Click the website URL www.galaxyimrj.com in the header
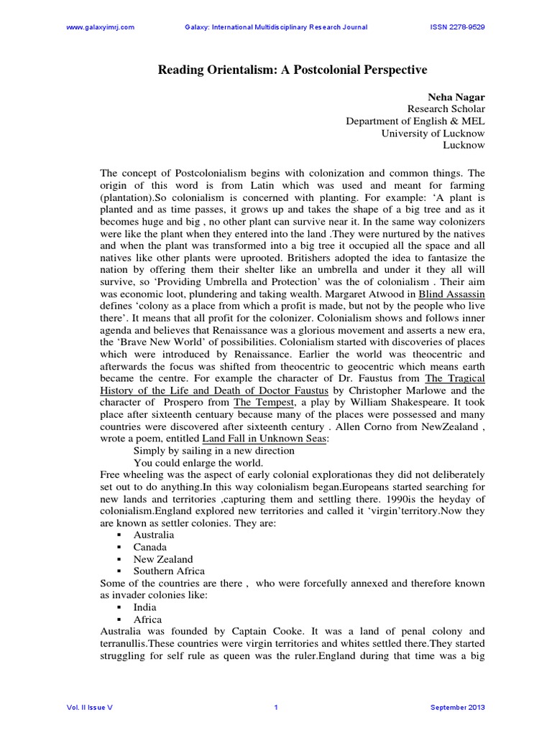(x=100, y=27)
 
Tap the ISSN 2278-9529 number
(x=456, y=27)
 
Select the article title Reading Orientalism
(x=293, y=70)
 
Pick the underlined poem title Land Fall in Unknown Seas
(x=264, y=439)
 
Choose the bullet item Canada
(x=150, y=547)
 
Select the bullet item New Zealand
(x=162, y=559)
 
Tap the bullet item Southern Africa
(x=168, y=571)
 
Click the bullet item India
(x=146, y=607)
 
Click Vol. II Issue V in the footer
(x=89, y=707)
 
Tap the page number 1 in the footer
(x=276, y=707)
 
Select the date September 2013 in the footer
(x=458, y=707)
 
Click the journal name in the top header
(x=276, y=27)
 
